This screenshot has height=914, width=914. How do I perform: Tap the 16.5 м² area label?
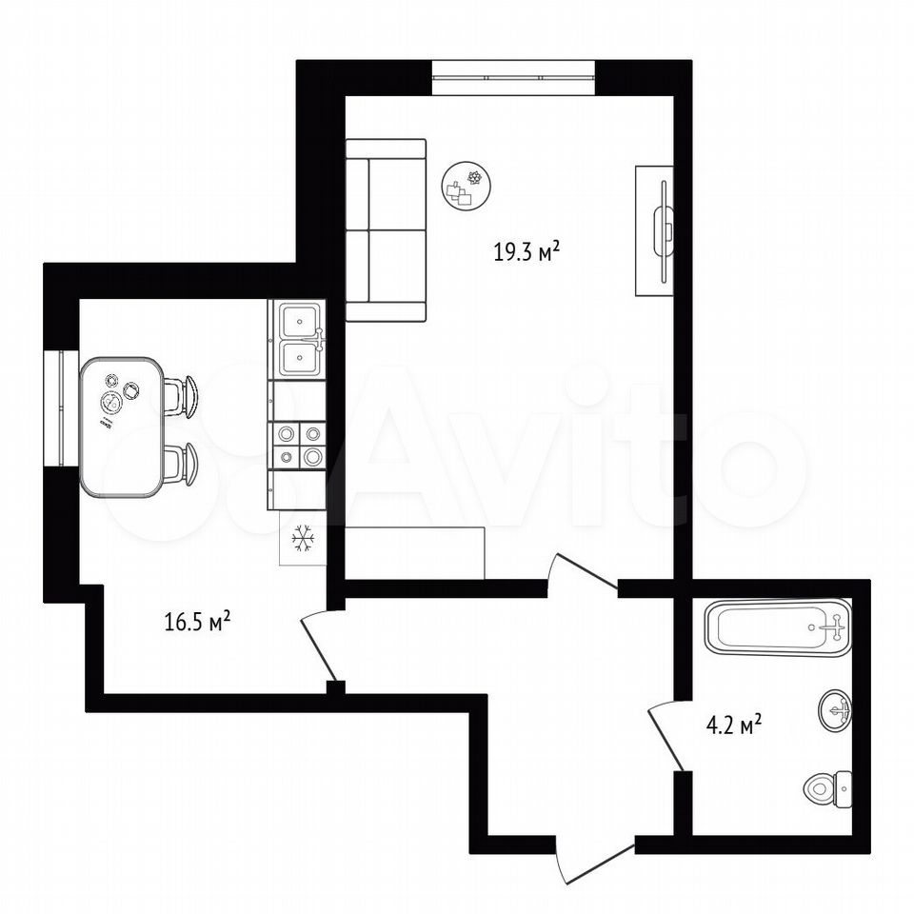[x=198, y=622]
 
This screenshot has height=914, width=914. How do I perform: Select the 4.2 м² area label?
[x=734, y=725]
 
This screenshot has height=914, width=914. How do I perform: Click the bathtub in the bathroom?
[x=778, y=627]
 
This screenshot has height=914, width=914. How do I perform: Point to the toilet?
[x=827, y=788]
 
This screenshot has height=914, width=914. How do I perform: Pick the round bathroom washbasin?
[x=835, y=709]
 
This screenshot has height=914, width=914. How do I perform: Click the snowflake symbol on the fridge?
[x=303, y=538]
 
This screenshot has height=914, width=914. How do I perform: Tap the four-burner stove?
[x=298, y=446]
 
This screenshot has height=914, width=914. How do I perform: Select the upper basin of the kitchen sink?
[x=300, y=321]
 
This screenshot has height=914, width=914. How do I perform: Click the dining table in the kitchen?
[x=121, y=427]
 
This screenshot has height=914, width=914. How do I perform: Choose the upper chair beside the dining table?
[x=181, y=397]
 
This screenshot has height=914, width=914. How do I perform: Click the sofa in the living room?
[x=386, y=230]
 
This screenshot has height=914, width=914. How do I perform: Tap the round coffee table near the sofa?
[x=466, y=187]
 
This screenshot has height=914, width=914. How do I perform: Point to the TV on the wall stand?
[x=664, y=231]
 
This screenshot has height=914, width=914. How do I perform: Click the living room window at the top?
[x=513, y=77]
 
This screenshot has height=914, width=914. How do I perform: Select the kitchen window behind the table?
[x=61, y=407]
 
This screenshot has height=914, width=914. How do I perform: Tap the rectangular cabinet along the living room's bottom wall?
[x=415, y=553]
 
